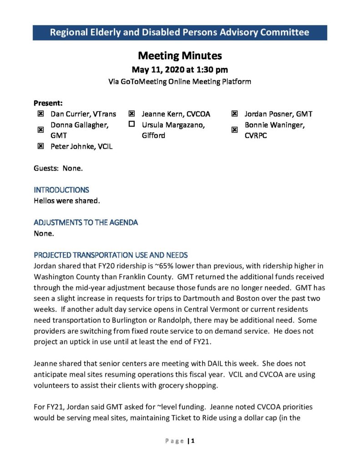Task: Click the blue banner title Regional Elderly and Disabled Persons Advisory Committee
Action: click(179, 32)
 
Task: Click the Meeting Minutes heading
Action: click(180, 56)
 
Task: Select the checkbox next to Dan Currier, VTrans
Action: click(41, 114)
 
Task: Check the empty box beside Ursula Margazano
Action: click(132, 124)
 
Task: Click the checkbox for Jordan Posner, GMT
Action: click(234, 114)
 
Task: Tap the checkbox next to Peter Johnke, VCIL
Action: click(41, 146)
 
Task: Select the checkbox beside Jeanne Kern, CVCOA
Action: click(132, 114)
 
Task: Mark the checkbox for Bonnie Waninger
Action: click(234, 130)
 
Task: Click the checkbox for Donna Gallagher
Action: click(41, 130)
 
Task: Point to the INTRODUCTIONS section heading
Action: click(61, 190)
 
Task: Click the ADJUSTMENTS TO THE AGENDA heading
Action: click(86, 223)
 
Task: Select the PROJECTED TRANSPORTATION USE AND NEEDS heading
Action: click(111, 255)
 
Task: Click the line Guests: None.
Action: click(58, 168)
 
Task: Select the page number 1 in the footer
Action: click(193, 441)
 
